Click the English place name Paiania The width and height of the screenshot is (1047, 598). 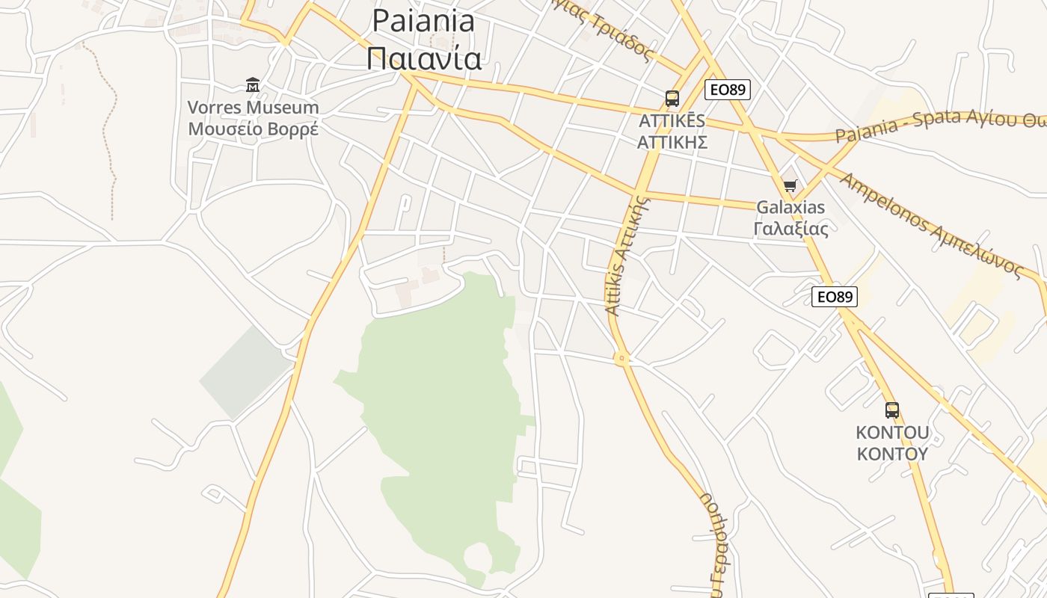423,21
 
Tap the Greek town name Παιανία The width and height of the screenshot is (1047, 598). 423,58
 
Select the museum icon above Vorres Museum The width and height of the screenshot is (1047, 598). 253,85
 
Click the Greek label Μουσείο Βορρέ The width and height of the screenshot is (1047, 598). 253,129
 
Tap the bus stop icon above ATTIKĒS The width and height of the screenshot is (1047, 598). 672,99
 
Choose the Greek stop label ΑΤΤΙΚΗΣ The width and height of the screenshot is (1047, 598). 672,141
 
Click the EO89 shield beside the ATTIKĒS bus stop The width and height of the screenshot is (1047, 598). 727,90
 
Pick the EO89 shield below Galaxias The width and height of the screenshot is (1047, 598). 834,297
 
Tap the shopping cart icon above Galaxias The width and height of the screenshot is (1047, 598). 790,185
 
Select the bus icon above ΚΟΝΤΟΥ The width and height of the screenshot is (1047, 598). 892,410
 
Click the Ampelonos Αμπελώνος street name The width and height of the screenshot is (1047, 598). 930,225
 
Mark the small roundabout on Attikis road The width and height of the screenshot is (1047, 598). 621,360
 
